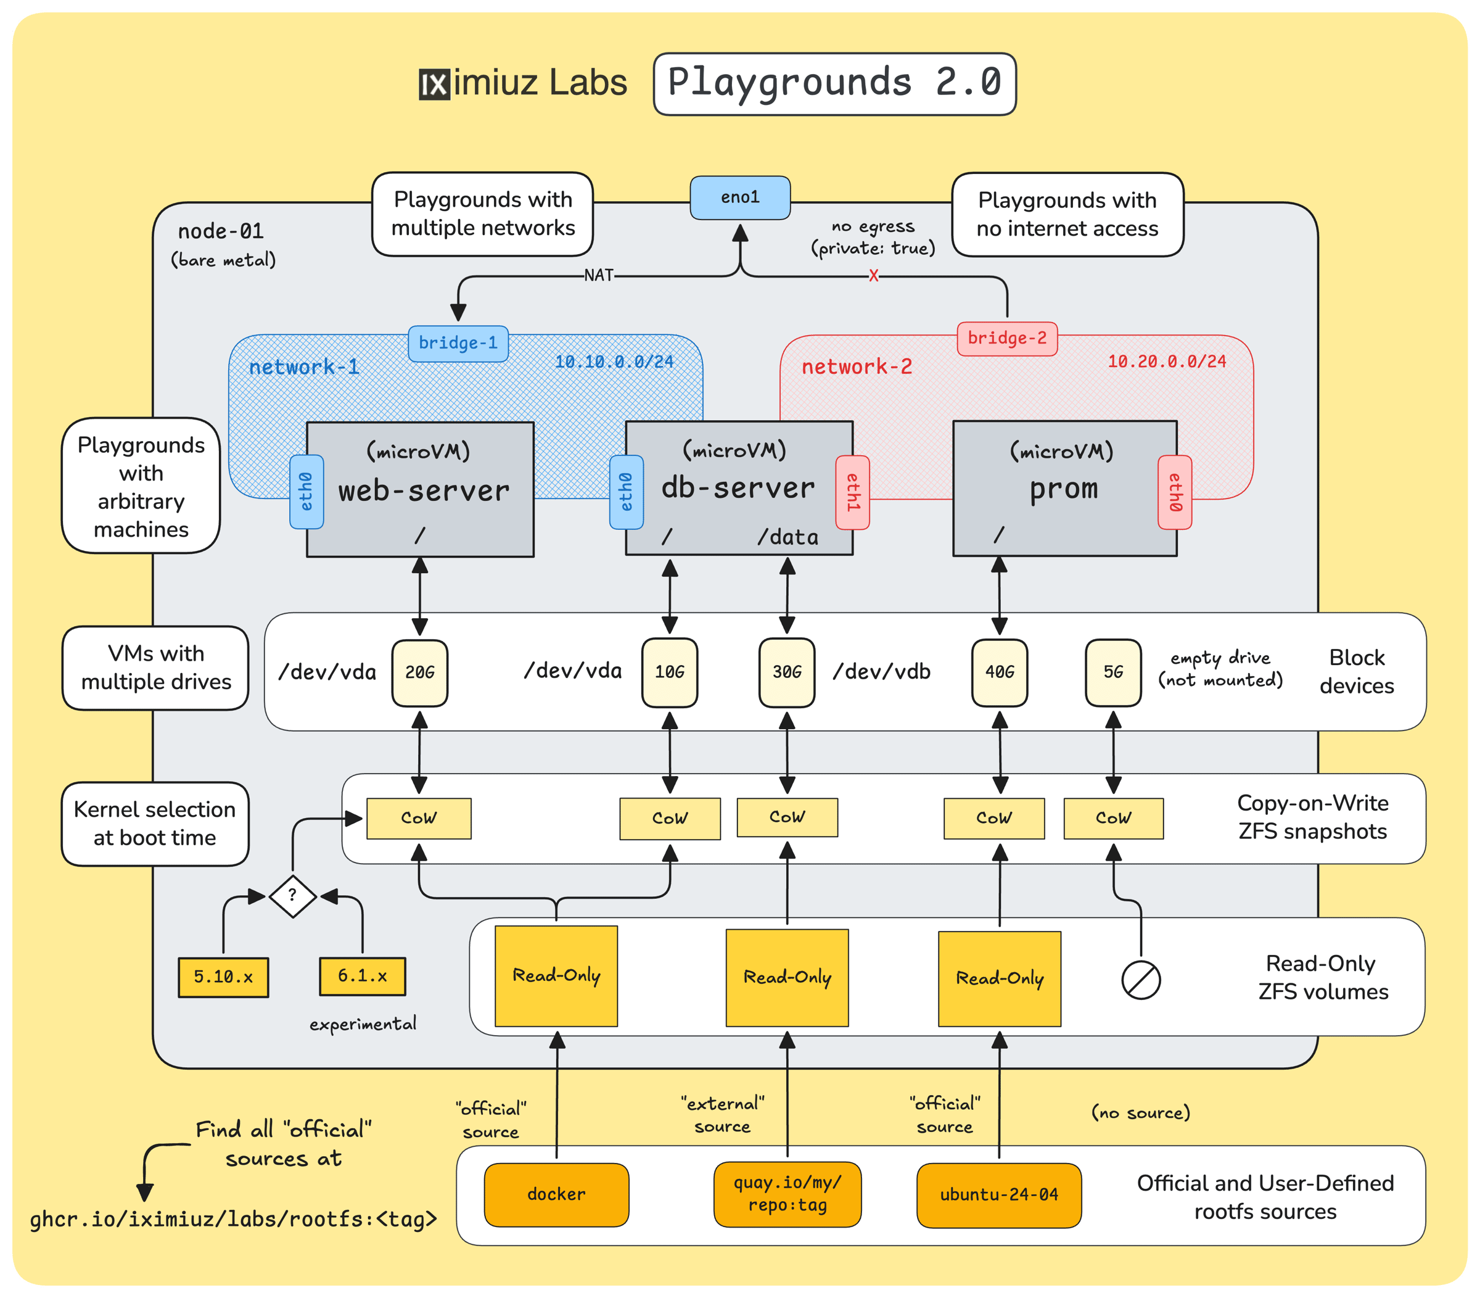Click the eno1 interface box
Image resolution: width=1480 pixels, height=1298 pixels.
click(x=739, y=197)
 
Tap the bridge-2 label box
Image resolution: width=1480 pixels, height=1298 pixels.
click(x=1006, y=338)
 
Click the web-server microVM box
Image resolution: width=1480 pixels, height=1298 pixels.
click(x=420, y=490)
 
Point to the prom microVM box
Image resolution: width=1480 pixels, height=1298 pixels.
click(x=1064, y=488)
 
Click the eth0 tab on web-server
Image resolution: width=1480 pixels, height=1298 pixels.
click(x=306, y=492)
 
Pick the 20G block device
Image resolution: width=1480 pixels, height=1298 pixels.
click(x=419, y=672)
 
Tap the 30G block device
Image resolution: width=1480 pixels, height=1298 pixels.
click(x=786, y=672)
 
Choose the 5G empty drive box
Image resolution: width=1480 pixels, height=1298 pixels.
click(x=1113, y=672)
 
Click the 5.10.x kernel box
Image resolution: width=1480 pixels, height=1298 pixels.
click(x=223, y=977)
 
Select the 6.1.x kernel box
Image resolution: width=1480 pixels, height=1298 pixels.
click(x=362, y=976)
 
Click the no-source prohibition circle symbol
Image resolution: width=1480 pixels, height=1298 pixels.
click(x=1140, y=980)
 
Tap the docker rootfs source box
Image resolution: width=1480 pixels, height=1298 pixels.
click(x=556, y=1194)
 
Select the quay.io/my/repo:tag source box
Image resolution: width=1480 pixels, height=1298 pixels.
click(x=787, y=1194)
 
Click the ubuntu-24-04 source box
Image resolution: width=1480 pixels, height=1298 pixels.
click(x=998, y=1194)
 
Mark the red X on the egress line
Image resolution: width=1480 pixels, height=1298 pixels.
click(x=873, y=276)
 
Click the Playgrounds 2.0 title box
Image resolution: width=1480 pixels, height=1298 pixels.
click(x=834, y=83)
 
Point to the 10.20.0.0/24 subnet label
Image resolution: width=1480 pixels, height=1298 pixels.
click(x=1167, y=362)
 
